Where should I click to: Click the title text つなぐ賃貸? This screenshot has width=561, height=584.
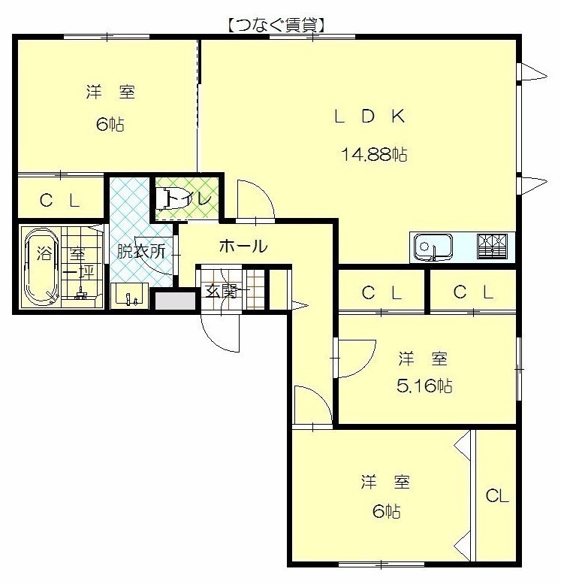tap(276, 26)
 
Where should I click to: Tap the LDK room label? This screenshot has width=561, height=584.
tap(369, 116)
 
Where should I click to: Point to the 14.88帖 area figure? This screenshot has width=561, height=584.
tap(374, 154)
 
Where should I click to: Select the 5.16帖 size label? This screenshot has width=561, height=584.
tap(424, 386)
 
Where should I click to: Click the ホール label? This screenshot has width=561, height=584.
tap(243, 247)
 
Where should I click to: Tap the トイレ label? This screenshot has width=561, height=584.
tap(190, 198)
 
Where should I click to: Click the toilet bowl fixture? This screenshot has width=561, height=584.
tap(163, 199)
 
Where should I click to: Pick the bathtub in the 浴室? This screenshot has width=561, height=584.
tap(41, 267)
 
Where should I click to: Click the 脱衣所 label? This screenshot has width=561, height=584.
tap(141, 251)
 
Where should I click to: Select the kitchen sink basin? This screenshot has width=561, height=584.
tap(433, 247)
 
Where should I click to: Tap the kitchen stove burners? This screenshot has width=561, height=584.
tap(492, 246)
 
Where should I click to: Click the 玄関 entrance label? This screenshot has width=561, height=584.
tap(222, 292)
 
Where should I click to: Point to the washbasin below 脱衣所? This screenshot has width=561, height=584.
tap(130, 296)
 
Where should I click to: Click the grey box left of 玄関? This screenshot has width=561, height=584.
tap(175, 301)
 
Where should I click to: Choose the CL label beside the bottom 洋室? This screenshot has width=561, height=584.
tap(497, 496)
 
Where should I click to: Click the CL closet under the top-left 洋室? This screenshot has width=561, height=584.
tap(60, 201)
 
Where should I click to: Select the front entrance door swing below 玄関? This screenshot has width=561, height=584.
tap(219, 334)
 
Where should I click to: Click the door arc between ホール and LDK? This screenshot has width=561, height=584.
tap(256, 198)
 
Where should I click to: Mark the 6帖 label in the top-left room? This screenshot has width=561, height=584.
tap(110, 124)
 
